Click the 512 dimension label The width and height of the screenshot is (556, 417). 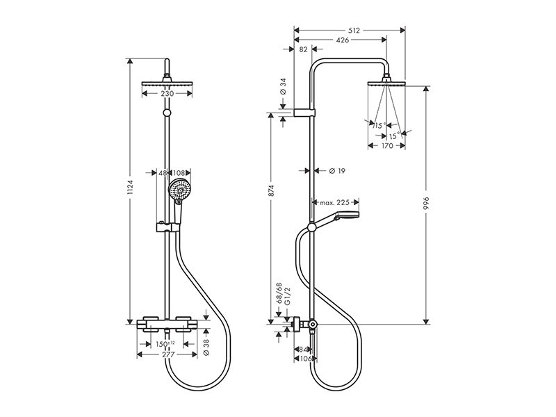(354, 31)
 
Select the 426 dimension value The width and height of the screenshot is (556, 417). (342, 40)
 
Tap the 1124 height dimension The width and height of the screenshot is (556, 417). (130, 188)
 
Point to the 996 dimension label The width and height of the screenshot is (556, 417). (426, 203)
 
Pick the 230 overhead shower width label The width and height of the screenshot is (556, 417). (167, 94)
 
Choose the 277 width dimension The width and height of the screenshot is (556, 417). (167, 354)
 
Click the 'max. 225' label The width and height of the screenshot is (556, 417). (335, 202)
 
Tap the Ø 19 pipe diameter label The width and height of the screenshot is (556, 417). (337, 171)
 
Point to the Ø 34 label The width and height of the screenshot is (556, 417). (283, 86)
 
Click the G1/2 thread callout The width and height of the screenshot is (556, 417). (288, 296)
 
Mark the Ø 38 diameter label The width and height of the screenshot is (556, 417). (207, 347)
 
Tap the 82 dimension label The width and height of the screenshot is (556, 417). (303, 49)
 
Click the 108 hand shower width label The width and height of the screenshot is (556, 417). (179, 173)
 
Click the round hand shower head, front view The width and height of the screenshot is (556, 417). (181, 190)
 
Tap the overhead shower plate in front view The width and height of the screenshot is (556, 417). (167, 83)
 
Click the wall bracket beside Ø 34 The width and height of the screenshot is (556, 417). (304, 113)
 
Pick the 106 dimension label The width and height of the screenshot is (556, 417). (305, 359)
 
